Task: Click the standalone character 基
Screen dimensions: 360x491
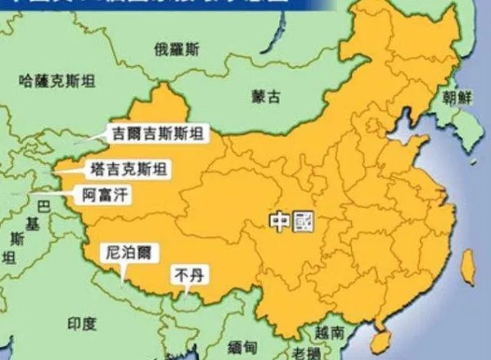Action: point(33,223)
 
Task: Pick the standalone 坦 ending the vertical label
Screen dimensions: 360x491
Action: point(9,259)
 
